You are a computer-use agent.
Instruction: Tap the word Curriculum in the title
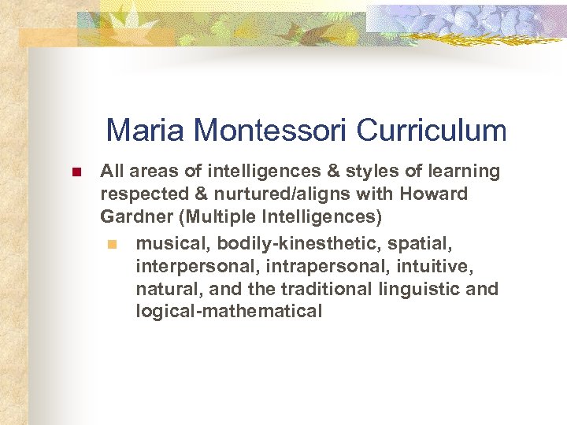coord(431,131)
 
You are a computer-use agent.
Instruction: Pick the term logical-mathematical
coord(228,312)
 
